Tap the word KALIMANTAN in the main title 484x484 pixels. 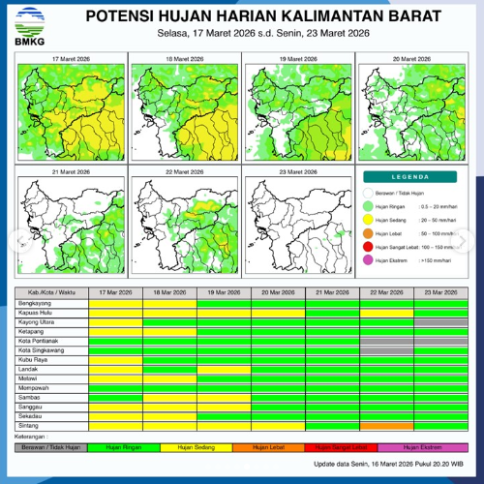coord(322,17)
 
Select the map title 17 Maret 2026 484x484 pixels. coord(70,60)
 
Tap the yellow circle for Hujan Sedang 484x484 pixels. coord(369,220)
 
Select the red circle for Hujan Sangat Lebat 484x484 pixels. coord(369,247)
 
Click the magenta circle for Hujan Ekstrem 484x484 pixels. coord(369,260)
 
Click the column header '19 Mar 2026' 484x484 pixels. coord(224,292)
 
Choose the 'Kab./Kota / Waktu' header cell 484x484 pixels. coord(52,292)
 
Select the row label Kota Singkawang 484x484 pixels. coord(44,349)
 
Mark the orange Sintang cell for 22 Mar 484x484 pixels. coord(386,425)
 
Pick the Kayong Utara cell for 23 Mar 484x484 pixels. coord(440,321)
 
